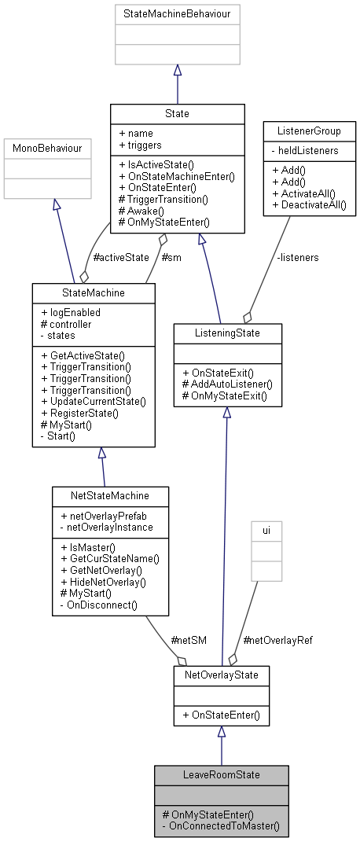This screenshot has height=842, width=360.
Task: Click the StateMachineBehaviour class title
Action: click(177, 14)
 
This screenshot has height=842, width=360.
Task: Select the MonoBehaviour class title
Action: click(53, 147)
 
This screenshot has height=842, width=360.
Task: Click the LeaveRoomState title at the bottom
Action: click(221, 774)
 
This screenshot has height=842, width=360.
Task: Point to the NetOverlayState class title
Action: click(221, 675)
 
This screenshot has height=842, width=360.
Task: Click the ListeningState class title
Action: click(226, 333)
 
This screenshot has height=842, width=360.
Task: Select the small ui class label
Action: click(266, 531)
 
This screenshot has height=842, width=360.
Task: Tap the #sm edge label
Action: click(171, 257)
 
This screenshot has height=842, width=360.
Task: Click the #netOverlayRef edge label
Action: click(277, 640)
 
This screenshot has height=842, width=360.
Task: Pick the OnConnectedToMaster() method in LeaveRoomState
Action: click(224, 828)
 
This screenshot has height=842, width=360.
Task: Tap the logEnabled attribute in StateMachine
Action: click(75, 312)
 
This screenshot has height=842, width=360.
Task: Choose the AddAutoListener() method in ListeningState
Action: click(226, 384)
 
